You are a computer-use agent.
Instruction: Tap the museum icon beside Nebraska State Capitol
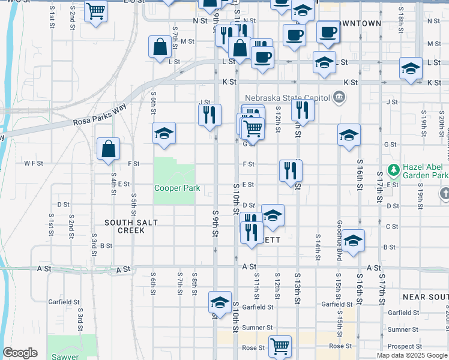click(339, 97)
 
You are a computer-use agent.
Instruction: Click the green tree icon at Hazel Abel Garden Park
click(394, 170)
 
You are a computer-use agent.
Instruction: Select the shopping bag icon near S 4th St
click(108, 149)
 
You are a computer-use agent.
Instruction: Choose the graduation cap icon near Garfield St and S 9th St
click(220, 302)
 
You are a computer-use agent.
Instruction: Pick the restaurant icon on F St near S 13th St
click(291, 170)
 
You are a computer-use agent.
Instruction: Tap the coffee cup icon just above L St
click(262, 58)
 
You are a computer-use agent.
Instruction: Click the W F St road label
click(34, 163)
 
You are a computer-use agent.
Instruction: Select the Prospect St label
click(400, 347)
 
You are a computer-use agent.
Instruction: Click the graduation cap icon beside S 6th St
click(164, 134)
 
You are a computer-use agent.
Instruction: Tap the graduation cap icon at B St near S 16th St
click(354, 241)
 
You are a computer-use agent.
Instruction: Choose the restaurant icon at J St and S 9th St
click(208, 114)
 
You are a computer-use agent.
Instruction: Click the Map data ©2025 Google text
click(412, 355)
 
